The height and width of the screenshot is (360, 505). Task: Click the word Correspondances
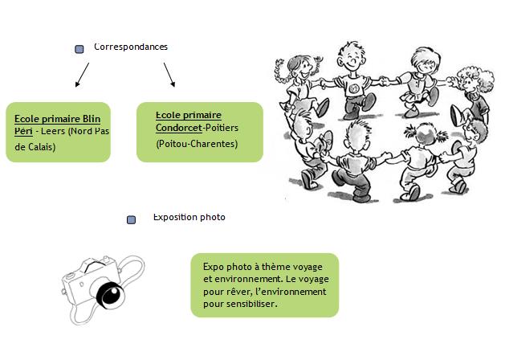tap(131, 47)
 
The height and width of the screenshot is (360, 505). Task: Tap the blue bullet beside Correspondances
tap(79, 49)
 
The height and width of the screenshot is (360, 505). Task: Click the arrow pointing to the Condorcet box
tap(169, 74)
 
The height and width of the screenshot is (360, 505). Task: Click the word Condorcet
tap(179, 127)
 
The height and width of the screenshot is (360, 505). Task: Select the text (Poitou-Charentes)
tap(197, 143)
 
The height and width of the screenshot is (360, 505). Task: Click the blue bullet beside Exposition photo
tap(132, 219)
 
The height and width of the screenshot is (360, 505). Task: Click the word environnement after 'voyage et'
tap(243, 278)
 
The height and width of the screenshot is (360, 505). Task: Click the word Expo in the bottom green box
tap(211, 265)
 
